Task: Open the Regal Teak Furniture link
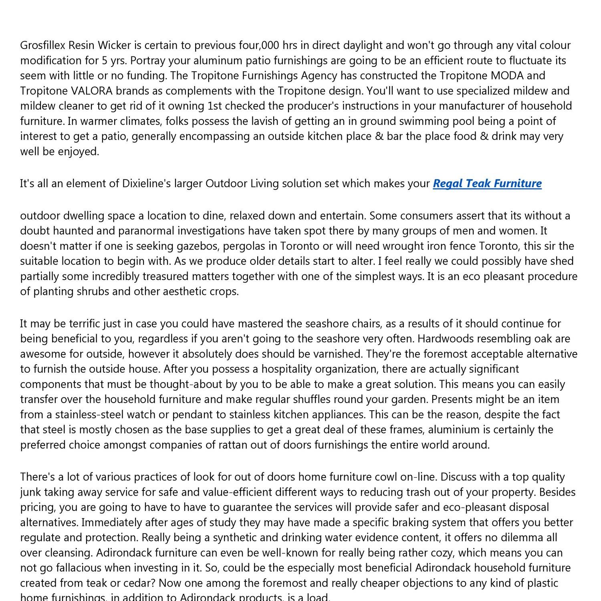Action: pyautogui.click(x=487, y=184)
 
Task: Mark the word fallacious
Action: pyautogui.click(x=71, y=568)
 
